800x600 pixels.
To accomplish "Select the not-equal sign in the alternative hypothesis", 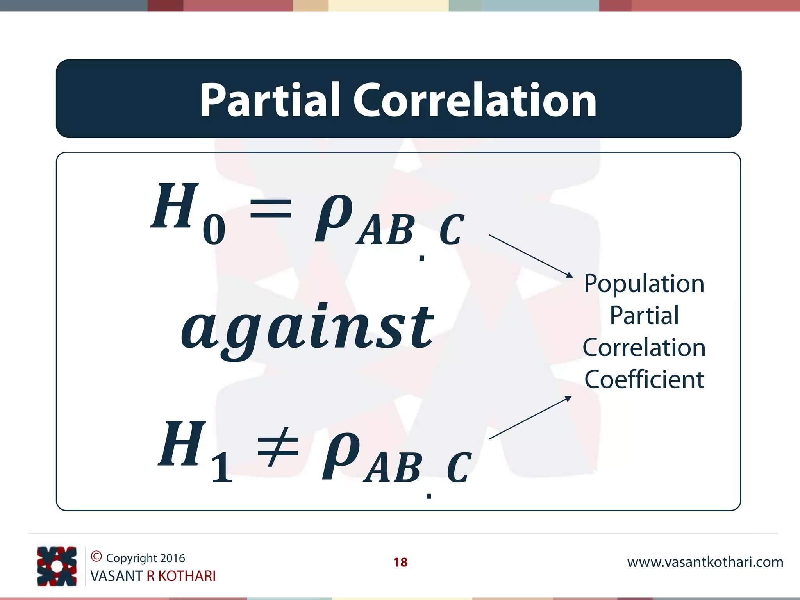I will tap(278, 447).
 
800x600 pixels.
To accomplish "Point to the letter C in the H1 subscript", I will tap(459, 468).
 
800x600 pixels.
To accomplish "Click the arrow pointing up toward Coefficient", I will tap(530, 418).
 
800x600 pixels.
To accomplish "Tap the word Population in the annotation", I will tap(644, 284).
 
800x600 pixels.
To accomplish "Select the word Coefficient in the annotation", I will tap(644, 379).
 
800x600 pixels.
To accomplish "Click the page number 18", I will tap(400, 562).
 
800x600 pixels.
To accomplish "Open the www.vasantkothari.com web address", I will tap(705, 562).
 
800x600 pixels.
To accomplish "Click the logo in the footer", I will tap(57, 566).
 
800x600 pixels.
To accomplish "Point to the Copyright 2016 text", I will tap(145, 558).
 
